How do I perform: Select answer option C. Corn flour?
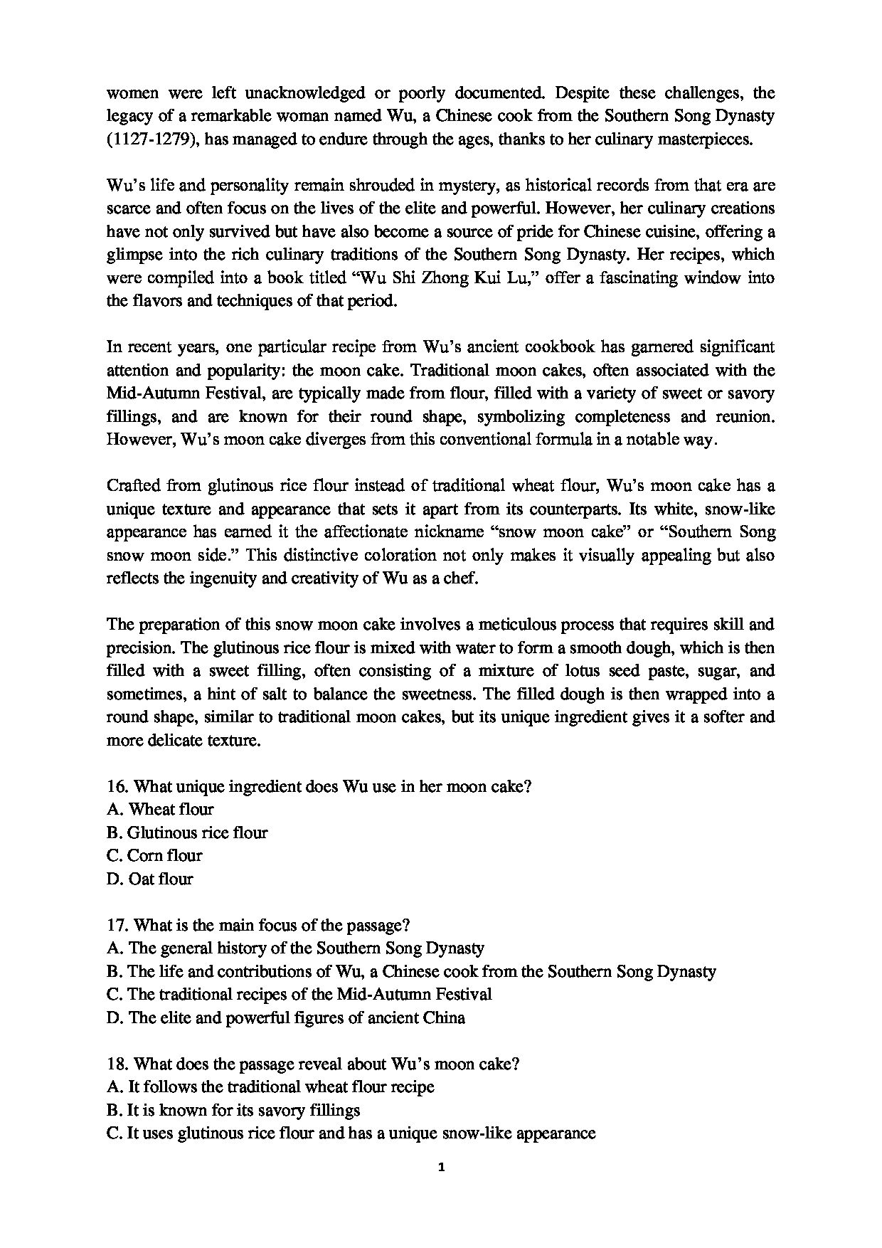(x=154, y=856)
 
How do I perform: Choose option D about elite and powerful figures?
(x=286, y=1018)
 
